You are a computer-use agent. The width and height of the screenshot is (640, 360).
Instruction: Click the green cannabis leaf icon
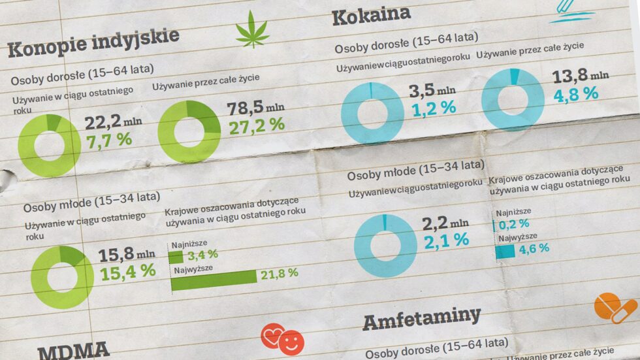[252, 31]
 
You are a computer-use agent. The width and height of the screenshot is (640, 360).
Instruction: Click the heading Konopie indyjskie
[93, 43]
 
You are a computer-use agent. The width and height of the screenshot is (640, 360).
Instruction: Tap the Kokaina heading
[371, 15]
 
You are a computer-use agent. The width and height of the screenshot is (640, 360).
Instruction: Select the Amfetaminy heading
[421, 319]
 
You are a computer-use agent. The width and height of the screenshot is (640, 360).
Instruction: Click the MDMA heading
[73, 350]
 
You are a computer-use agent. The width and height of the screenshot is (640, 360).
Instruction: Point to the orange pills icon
[615, 308]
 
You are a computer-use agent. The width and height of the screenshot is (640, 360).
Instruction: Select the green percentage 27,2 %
[256, 125]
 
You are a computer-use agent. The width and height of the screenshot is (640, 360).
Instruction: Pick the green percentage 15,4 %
[127, 270]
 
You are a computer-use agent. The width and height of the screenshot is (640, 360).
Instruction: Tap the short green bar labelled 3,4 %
[176, 256]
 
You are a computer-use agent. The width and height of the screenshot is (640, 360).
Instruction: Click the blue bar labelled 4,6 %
[505, 251]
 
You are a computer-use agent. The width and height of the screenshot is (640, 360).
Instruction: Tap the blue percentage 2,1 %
[446, 241]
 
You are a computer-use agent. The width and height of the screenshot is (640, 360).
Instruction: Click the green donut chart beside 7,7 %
[50, 145]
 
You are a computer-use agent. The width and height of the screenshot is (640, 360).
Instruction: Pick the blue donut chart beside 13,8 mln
[513, 99]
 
